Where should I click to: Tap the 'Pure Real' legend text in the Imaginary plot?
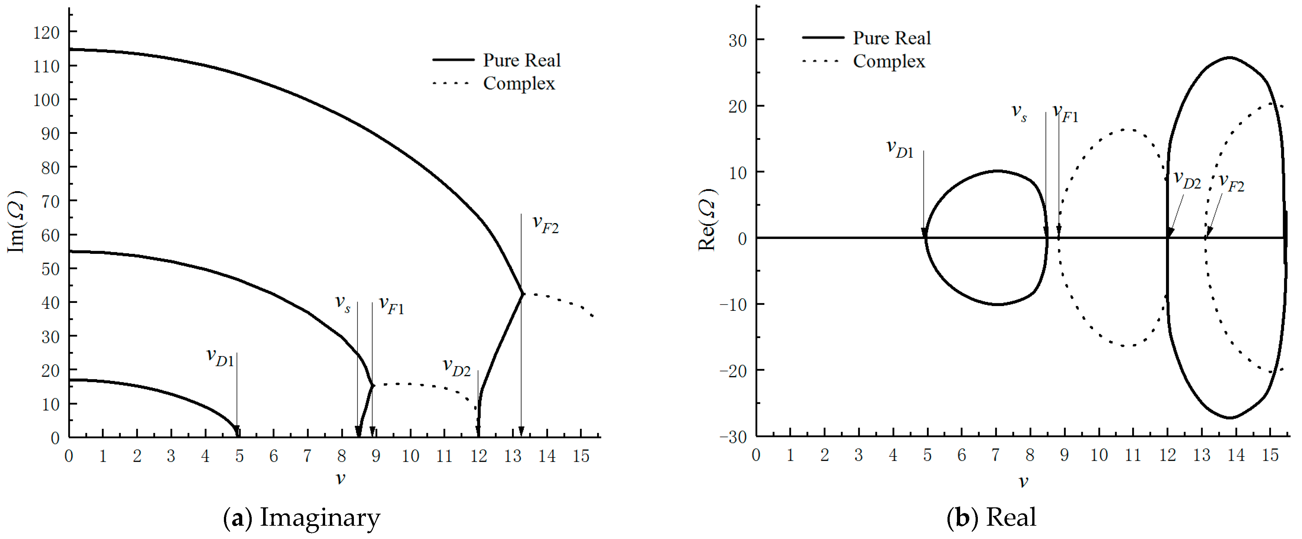point(521,60)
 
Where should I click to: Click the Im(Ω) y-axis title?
point(16,222)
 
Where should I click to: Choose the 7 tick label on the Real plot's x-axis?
point(995,455)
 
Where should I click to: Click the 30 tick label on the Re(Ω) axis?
point(737,41)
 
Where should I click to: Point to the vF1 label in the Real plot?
point(1065,113)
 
